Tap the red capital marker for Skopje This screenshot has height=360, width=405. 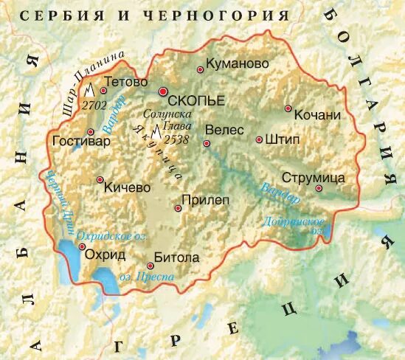pos(163,91)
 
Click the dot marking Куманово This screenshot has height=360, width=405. pos(200,70)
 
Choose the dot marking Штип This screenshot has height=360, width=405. pos(259,139)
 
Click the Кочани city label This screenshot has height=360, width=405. pos(316,115)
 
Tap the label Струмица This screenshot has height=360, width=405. pos(314,178)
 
